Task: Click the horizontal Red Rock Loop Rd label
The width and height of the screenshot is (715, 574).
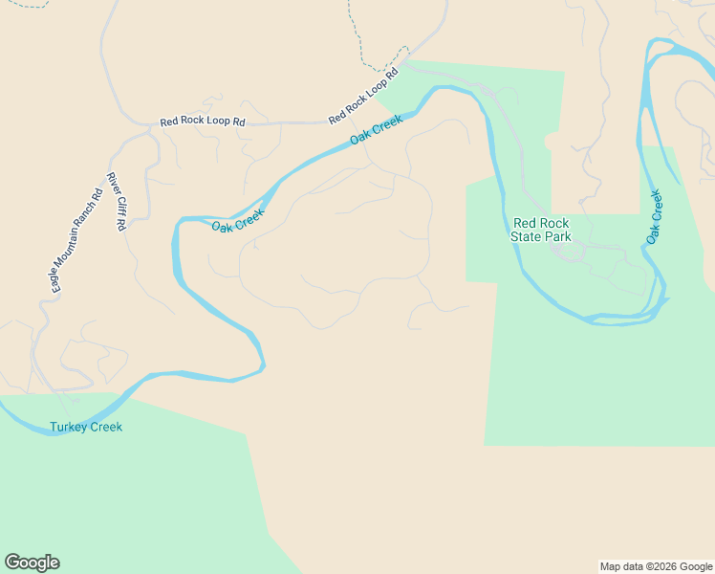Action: pyautogui.click(x=203, y=121)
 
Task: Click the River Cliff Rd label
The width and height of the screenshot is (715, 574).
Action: pyautogui.click(x=117, y=201)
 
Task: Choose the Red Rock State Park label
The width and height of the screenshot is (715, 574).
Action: pyautogui.click(x=541, y=230)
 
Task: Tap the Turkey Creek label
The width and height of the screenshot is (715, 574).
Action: pyautogui.click(x=86, y=427)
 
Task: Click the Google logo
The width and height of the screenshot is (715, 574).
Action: pyautogui.click(x=32, y=563)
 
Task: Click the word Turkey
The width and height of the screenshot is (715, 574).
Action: pyautogui.click(x=68, y=427)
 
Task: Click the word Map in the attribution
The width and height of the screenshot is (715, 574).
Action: pyautogui.click(x=611, y=566)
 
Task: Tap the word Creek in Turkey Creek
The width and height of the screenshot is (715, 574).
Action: pyautogui.click(x=106, y=427)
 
